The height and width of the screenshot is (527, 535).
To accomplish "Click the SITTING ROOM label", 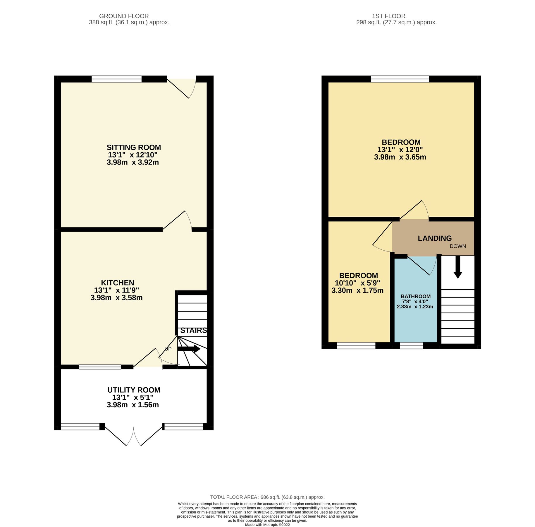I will (134, 147).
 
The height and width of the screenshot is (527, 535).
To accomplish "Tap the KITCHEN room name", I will (118, 283).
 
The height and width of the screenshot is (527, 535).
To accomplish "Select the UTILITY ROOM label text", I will (134, 390).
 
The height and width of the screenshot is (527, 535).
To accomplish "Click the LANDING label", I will (435, 238).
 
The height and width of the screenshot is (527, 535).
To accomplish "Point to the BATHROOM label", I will (416, 296).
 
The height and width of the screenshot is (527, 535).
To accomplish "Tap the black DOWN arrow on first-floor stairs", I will (458, 267).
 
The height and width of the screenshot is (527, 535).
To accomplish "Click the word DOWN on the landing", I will (458, 246).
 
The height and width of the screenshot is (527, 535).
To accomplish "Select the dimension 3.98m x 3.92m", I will (133, 162).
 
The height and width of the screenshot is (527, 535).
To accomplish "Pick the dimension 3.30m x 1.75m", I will (357, 290).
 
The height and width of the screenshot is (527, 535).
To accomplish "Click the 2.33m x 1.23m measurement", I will (415, 307).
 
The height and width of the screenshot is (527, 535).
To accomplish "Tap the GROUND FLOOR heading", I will (124, 16).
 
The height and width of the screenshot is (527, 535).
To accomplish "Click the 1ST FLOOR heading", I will (389, 16).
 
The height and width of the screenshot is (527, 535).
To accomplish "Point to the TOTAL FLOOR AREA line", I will (267, 497).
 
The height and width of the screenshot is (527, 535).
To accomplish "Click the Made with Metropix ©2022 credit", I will (267, 525).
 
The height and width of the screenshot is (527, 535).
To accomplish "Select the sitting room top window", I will (116, 79).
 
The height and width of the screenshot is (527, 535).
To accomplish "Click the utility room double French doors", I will (134, 435).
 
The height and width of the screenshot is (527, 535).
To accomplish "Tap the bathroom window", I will (411, 346).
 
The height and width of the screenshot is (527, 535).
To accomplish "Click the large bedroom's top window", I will (400, 79).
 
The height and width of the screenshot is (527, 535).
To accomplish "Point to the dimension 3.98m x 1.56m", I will (133, 405).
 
